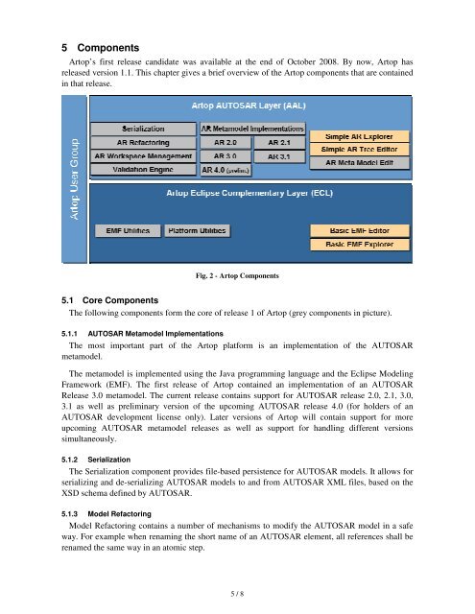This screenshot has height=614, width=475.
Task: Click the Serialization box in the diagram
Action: (x=142, y=128)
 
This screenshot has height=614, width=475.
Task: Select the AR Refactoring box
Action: (x=142, y=141)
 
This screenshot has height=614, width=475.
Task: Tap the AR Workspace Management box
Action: (x=142, y=155)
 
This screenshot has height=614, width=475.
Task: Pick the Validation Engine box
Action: (x=142, y=169)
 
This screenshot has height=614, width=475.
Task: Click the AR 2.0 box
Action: (x=226, y=141)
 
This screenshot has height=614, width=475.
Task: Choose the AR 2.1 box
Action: (x=279, y=141)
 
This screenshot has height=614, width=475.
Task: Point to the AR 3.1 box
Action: (x=279, y=155)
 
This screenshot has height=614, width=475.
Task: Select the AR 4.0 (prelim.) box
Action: (x=226, y=170)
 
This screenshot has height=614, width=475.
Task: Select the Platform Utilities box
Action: (x=196, y=231)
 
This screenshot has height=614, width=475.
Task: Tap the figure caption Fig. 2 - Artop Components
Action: (x=236, y=276)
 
